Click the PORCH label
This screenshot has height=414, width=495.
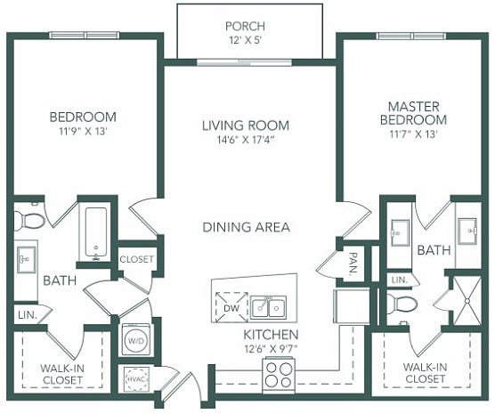click(245, 26)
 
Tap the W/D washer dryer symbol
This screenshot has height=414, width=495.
click(136, 341)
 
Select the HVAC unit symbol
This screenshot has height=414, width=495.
click(136, 379)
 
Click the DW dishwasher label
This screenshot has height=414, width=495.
click(231, 308)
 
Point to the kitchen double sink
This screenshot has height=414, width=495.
click(268, 307)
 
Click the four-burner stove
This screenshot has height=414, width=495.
click(278, 374)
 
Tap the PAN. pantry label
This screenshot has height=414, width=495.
click(353, 263)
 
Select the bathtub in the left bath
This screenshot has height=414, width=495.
click(96, 233)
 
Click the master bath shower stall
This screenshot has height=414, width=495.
click(467, 301)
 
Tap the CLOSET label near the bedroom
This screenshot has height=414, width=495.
click(136, 259)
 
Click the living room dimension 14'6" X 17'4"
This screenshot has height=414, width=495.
click(245, 140)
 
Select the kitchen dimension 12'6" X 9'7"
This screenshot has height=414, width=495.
click(271, 349)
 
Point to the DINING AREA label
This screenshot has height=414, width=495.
click(246, 227)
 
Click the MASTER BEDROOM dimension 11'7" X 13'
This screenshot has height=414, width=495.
click(413, 134)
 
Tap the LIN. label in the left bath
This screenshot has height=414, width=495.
click(28, 315)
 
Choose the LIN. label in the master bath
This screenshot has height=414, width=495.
click(400, 280)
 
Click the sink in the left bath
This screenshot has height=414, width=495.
click(27, 260)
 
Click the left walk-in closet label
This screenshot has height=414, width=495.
click(62, 374)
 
